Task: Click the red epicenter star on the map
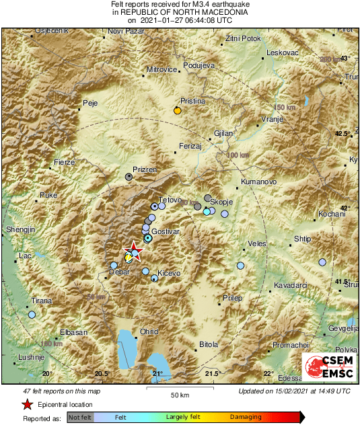[x=135, y=252]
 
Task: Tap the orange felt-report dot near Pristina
[x=177, y=110]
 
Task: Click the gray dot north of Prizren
[x=129, y=176]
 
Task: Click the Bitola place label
[x=209, y=345]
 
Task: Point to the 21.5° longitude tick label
[x=213, y=374]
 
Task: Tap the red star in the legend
[x=27, y=405]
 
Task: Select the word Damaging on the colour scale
[x=247, y=418]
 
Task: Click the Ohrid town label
[x=148, y=332]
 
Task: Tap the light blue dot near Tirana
[x=32, y=314]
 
